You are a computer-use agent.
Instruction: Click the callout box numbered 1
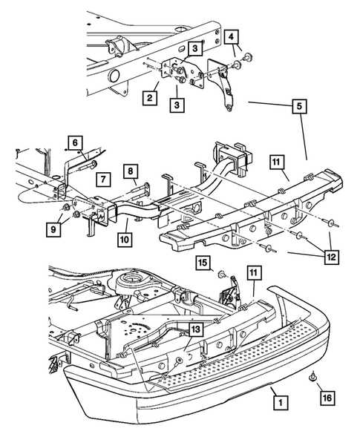(x=281, y=402)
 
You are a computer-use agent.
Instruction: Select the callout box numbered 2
(x=150, y=98)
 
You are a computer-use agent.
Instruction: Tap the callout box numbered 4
(x=232, y=37)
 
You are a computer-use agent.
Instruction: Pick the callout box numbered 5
(x=299, y=106)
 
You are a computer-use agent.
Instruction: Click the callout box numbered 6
(x=75, y=143)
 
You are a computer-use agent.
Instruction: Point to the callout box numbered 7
(x=103, y=179)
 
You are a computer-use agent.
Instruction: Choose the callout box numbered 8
(x=131, y=171)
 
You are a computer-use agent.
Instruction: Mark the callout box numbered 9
(x=53, y=229)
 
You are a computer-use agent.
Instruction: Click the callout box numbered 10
(x=125, y=240)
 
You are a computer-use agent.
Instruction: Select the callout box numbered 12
(x=331, y=257)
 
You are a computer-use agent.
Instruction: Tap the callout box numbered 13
(x=196, y=330)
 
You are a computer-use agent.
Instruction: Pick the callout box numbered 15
(x=203, y=263)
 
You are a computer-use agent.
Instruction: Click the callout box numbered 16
(x=327, y=398)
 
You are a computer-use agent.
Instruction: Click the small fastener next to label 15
(x=222, y=275)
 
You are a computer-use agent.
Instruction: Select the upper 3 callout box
(x=195, y=48)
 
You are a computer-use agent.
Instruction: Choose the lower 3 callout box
(x=177, y=105)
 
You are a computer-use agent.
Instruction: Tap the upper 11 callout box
(x=276, y=162)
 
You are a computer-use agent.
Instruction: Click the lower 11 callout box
(x=253, y=273)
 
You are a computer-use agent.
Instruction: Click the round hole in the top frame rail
(x=114, y=76)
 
